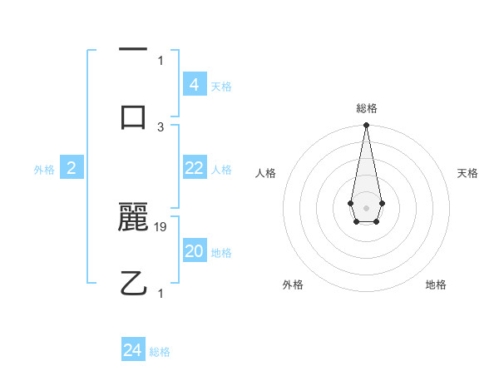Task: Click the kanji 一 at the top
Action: point(133,51)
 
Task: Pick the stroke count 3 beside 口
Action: point(161,126)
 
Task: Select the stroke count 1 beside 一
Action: point(161,60)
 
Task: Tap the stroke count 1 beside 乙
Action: point(161,293)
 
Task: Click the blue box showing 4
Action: point(194,84)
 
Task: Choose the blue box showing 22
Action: point(194,168)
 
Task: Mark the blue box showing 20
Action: point(194,251)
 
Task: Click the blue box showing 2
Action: point(72,168)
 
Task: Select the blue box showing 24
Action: point(133,350)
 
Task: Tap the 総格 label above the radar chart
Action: point(366,108)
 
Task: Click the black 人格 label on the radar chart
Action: point(266,173)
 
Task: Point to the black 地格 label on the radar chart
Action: point(436,285)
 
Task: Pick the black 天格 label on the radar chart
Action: point(467,173)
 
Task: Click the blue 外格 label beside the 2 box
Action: point(44,169)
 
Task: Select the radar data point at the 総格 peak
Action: point(366,126)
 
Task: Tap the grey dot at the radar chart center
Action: point(366,207)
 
